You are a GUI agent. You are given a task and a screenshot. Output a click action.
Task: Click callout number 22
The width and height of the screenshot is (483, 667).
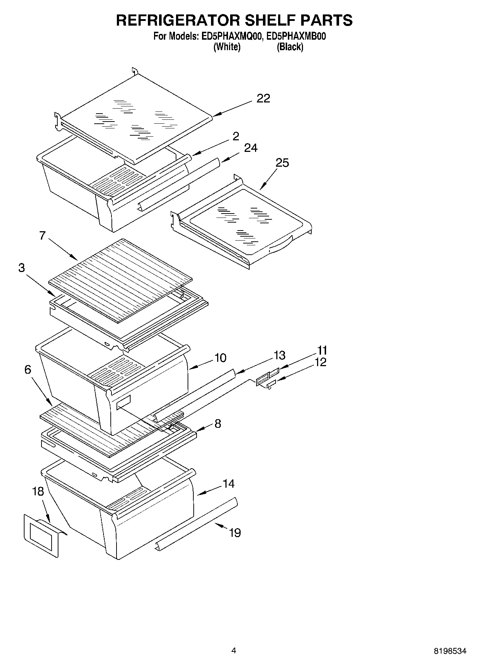pyautogui.click(x=263, y=98)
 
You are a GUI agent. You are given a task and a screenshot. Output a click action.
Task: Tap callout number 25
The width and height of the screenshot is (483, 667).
pyautogui.click(x=282, y=163)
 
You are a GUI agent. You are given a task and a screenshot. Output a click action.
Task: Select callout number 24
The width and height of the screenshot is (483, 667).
pyautogui.click(x=251, y=148)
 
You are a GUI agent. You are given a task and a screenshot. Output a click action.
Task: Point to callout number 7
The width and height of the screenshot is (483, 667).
pyautogui.click(x=43, y=236)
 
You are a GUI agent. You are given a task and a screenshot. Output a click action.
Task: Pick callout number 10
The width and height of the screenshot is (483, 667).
pyautogui.click(x=220, y=358)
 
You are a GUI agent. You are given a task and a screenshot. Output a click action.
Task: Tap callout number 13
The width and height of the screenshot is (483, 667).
pyautogui.click(x=279, y=355)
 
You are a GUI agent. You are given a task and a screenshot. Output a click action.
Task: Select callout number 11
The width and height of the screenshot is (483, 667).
pyautogui.click(x=322, y=350)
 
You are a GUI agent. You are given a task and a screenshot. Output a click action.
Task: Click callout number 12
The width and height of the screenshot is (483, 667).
pyautogui.click(x=320, y=362)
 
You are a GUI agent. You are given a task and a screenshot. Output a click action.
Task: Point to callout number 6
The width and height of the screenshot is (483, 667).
pyautogui.click(x=28, y=369)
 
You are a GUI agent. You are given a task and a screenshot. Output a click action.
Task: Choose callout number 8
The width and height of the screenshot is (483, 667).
pyautogui.click(x=218, y=424)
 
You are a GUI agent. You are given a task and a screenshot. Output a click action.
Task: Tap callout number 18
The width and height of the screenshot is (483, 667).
pyautogui.click(x=38, y=491)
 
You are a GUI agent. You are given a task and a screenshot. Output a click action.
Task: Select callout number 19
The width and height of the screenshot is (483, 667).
pyautogui.click(x=235, y=532)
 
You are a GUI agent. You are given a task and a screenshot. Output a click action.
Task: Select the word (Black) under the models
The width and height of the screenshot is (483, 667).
pyautogui.click(x=290, y=47)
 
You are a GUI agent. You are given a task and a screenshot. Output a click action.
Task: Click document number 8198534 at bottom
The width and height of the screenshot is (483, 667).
pyautogui.click(x=450, y=651)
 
